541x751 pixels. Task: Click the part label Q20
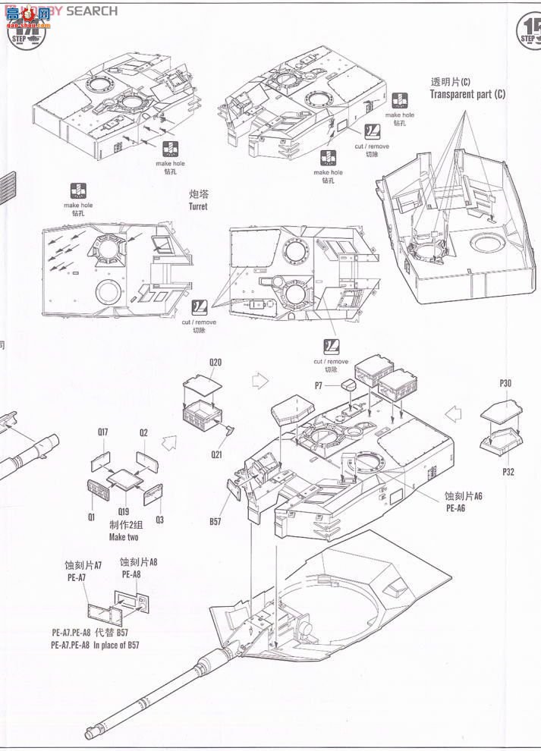coord(215,363)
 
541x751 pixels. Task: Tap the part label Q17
coord(102,432)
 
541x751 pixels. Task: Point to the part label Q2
coord(143,432)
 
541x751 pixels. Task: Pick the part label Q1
coord(90,518)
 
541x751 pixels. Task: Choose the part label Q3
coord(159,520)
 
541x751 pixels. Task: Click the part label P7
coord(319,386)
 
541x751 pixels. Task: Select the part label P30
coord(505,384)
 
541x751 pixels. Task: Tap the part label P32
coord(508,471)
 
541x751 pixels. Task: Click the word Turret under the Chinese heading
coord(198,206)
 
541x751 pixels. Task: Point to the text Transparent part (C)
coord(467,94)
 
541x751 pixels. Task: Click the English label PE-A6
coord(455,508)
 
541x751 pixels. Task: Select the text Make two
coord(124,537)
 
